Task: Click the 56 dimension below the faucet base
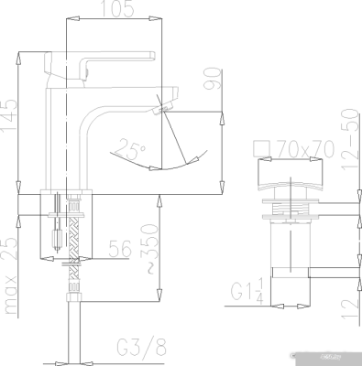pos(119,248)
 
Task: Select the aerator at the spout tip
pos(162,109)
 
